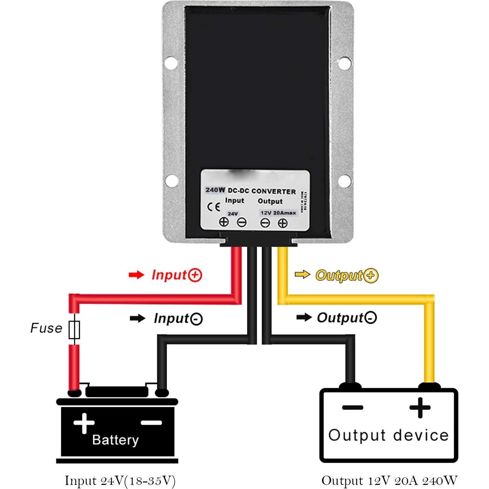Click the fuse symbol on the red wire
(74, 330)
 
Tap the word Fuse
(46, 328)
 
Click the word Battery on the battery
(115, 440)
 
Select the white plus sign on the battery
(84, 423)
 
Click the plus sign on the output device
(420, 407)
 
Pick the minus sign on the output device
(352, 407)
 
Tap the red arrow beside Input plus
(137, 275)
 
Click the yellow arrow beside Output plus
(302, 274)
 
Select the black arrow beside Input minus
(138, 319)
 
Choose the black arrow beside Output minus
(304, 318)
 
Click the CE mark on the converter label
(214, 207)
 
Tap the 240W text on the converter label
(215, 190)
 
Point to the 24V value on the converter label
(233, 214)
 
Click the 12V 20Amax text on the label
(278, 213)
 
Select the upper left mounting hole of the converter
(170, 63)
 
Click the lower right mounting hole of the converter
(344, 181)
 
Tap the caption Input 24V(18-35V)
(120, 480)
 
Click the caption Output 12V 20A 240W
(389, 480)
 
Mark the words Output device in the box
(388, 435)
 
